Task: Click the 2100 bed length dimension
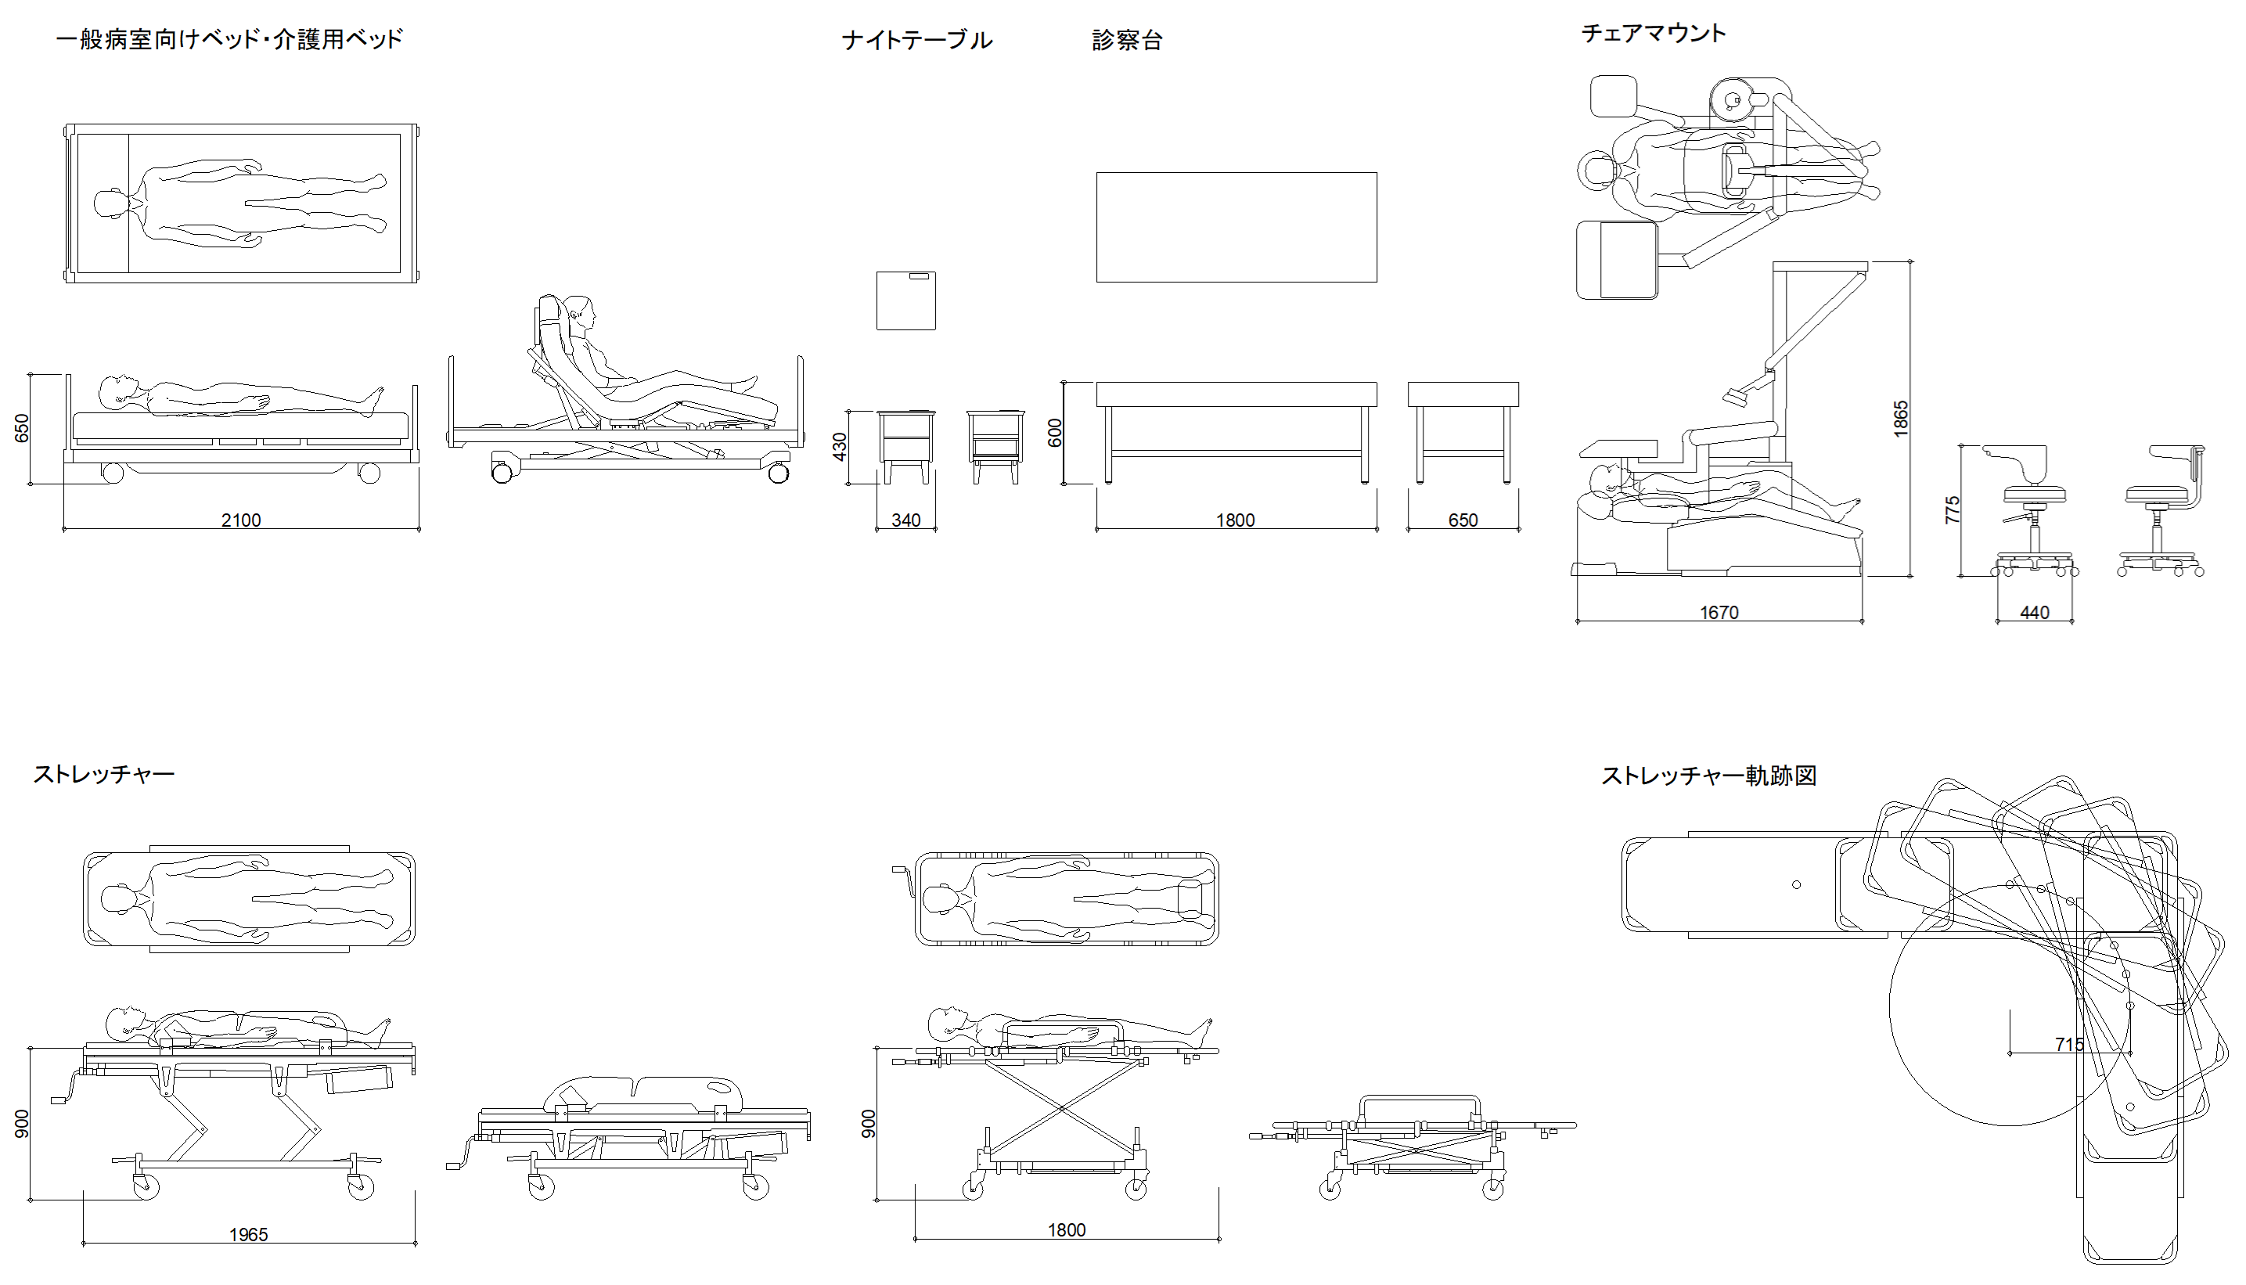pyautogui.click(x=241, y=520)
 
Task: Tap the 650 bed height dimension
pyautogui.click(x=23, y=428)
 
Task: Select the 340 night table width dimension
pyautogui.click(x=906, y=520)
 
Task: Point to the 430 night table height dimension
pyautogui.click(x=840, y=447)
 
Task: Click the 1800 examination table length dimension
pyautogui.click(x=1236, y=520)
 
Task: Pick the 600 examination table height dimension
pyautogui.click(x=1055, y=433)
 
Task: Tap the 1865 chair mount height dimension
pyautogui.click(x=1901, y=419)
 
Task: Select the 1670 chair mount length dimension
pyautogui.click(x=1719, y=613)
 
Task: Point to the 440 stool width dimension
pyautogui.click(x=2034, y=613)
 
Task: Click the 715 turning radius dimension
pyautogui.click(x=2069, y=1045)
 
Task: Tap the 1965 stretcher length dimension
pyautogui.click(x=249, y=1235)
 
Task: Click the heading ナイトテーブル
pyautogui.click(x=917, y=41)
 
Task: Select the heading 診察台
pyautogui.click(x=1127, y=41)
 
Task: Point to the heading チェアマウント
pyautogui.click(x=1653, y=34)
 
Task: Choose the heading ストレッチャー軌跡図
pyautogui.click(x=1708, y=776)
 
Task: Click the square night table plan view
pyautogui.click(x=906, y=301)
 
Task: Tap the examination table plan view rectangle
pyautogui.click(x=1236, y=227)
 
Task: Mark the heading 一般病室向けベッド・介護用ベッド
pyautogui.click(x=229, y=40)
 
